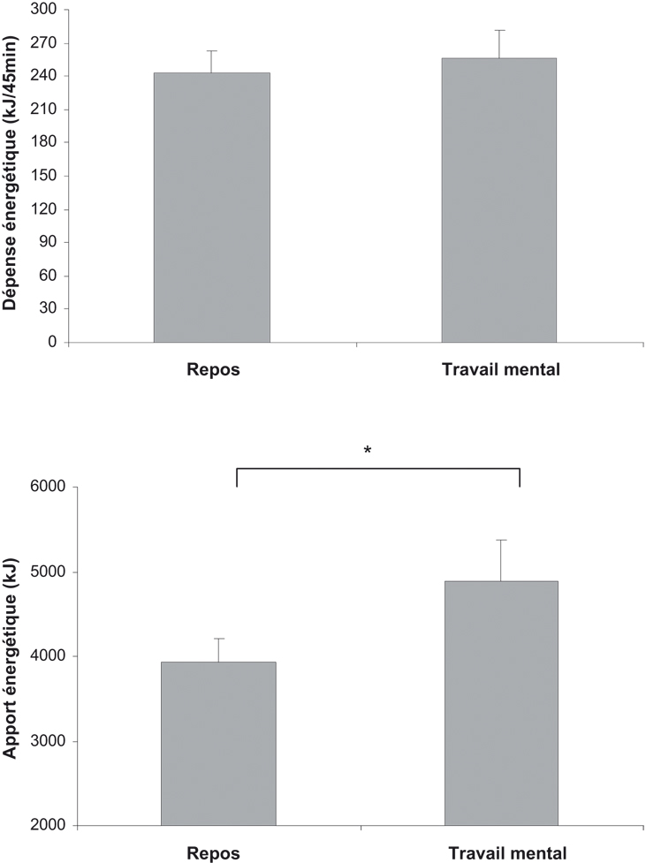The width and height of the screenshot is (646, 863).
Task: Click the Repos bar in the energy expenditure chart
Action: click(211, 208)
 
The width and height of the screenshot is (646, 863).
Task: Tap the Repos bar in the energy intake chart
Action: click(218, 744)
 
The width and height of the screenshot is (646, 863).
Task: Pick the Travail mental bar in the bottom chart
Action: click(501, 703)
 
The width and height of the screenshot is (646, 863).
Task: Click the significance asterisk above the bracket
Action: click(368, 450)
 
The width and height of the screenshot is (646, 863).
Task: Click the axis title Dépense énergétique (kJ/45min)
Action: click(11, 177)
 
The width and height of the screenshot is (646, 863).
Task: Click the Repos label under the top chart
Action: click(213, 370)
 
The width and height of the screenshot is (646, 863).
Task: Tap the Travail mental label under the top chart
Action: click(500, 370)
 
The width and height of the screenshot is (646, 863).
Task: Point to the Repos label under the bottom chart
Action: click(213, 853)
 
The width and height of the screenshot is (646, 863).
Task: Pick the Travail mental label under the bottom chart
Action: click(506, 853)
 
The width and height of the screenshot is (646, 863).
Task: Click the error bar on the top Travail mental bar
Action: click(499, 43)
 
